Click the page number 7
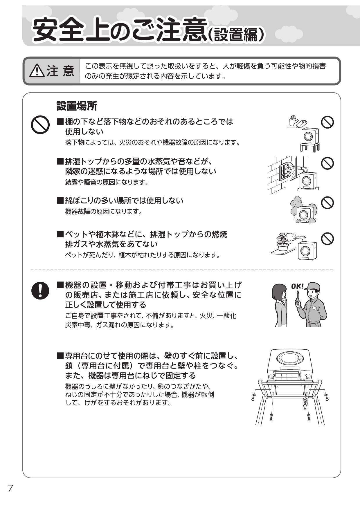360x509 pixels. (10, 489)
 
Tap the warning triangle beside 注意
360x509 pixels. (37, 71)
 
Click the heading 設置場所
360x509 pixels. (77, 106)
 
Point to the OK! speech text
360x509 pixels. (297, 286)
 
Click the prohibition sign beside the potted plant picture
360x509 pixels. (327, 239)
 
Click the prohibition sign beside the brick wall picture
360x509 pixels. (327, 163)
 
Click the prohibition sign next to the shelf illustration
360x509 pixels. (327, 122)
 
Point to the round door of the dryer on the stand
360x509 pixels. (307, 135)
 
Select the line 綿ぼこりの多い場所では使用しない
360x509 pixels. (124, 201)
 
